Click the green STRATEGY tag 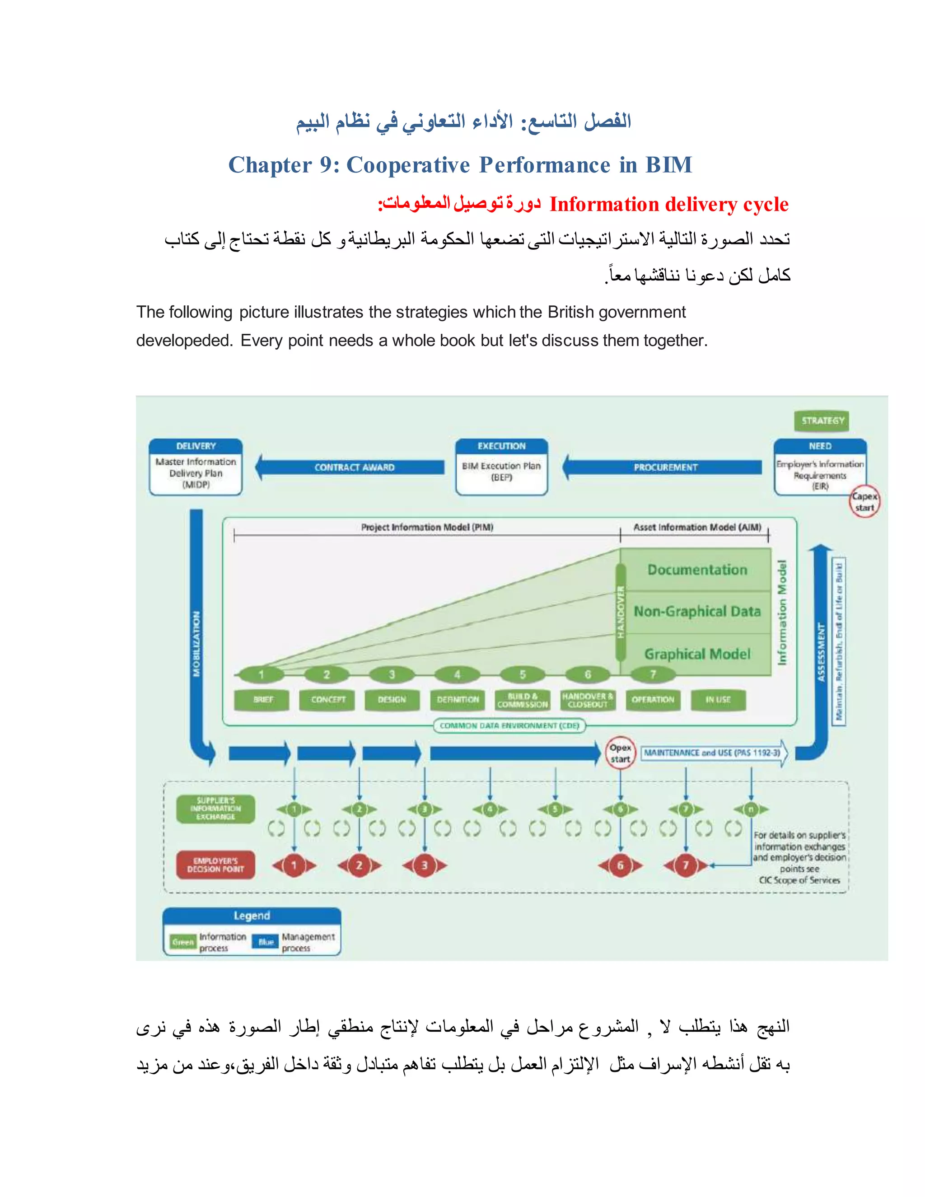pyautogui.click(x=822, y=421)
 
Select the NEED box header pyautogui.click(x=820, y=446)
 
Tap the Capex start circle pyautogui.click(x=864, y=501)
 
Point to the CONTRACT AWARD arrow pyautogui.click(x=354, y=468)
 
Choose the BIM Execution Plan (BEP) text pyautogui.click(x=501, y=471)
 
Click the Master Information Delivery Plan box pyautogui.click(x=196, y=472)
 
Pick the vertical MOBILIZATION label pyautogui.click(x=196, y=644)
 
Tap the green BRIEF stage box pyautogui.click(x=262, y=700)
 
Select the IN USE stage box pyautogui.click(x=717, y=700)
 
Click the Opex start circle pyautogui.click(x=620, y=753)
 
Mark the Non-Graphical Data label pyautogui.click(x=697, y=611)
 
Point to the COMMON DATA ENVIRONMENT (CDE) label pyautogui.click(x=509, y=726)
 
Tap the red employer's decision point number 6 pyautogui.click(x=620, y=865)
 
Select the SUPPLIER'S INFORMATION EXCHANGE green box pyautogui.click(x=215, y=809)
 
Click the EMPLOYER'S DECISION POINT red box pyautogui.click(x=215, y=865)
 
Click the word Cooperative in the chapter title pyautogui.click(x=408, y=165)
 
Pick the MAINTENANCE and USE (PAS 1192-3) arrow pyautogui.click(x=712, y=753)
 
